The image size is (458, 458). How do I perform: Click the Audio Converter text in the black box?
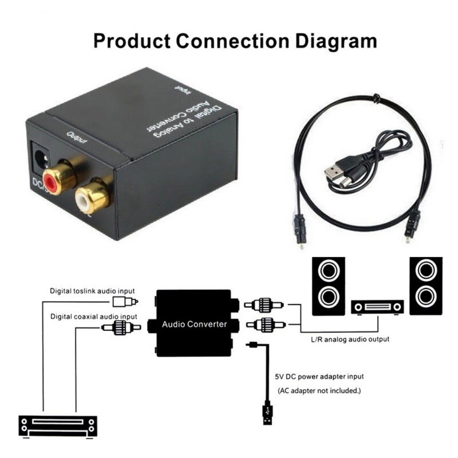(194, 324)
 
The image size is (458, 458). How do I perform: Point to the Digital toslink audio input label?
(92, 291)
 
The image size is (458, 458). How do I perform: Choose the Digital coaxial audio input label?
(93, 316)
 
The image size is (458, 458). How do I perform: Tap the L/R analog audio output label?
(350, 339)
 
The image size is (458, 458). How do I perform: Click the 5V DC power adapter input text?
(319, 376)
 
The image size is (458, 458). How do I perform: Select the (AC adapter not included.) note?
(319, 390)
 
